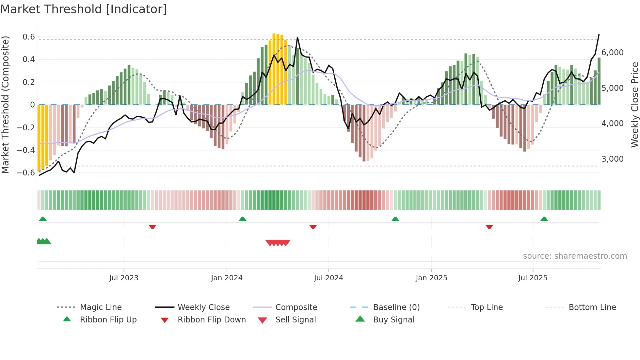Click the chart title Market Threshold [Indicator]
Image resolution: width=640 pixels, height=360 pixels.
(84, 9)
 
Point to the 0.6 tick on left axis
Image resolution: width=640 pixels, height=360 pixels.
(29, 37)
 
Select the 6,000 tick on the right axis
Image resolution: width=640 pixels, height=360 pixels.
(612, 53)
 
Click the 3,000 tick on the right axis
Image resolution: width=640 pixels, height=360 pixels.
(612, 159)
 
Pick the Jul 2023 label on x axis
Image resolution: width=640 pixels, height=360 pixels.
(124, 278)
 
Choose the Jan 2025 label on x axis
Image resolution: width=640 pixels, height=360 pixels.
(431, 278)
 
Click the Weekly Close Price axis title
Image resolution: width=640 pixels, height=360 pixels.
(634, 105)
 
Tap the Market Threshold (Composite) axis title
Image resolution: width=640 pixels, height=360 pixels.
(5, 105)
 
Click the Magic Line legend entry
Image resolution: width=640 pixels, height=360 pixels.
(101, 307)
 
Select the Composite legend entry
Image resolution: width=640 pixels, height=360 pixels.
(296, 307)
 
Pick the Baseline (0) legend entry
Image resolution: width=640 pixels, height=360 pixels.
(396, 307)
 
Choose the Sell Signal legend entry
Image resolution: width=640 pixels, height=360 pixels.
(296, 320)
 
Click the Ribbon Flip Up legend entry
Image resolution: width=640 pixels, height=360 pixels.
(108, 320)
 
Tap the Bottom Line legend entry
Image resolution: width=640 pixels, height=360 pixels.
(592, 307)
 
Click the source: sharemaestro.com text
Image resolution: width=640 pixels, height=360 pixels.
(575, 256)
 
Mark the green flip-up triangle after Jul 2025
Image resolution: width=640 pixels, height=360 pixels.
(544, 219)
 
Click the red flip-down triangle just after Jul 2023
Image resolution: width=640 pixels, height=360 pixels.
(152, 227)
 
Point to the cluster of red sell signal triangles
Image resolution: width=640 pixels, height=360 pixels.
(278, 243)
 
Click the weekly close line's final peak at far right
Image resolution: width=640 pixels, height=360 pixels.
(599, 35)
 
